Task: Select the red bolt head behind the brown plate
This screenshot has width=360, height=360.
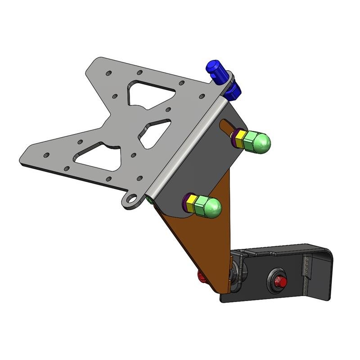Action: click(x=201, y=277)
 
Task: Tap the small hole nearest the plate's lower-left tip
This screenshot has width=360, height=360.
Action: click(x=46, y=155)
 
